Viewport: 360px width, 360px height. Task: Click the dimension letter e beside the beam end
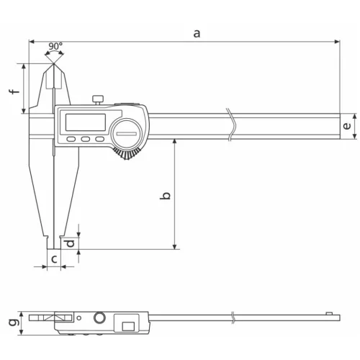click(347, 126)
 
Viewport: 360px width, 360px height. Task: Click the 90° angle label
click(55, 46)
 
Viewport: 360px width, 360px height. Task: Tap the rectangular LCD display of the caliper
click(86, 120)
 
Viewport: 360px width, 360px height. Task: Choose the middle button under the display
click(85, 140)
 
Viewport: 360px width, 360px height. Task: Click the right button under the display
click(99, 140)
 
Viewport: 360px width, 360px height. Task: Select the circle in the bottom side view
click(99, 319)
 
